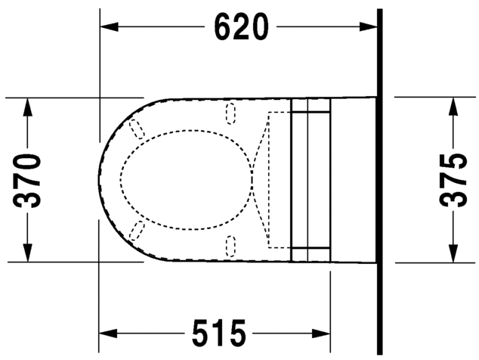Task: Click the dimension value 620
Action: click(241, 27)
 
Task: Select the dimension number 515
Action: click(218, 332)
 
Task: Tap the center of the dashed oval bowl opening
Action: click(184, 179)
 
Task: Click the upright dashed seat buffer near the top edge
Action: click(231, 113)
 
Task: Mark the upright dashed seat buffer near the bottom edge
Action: click(231, 245)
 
